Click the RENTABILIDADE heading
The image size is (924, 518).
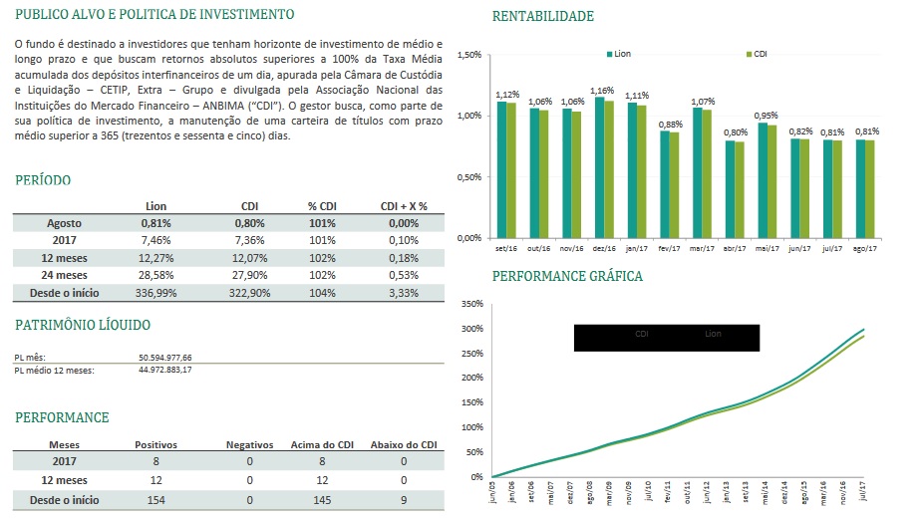pos(542,16)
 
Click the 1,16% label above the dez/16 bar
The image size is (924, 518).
pos(603,90)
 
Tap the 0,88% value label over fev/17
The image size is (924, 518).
pos(670,124)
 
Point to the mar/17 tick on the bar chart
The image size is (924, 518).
pos(703,249)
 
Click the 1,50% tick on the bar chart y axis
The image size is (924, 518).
pos(468,55)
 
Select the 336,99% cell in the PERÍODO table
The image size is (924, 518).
pos(155,293)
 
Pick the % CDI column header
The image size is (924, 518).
pos(322,206)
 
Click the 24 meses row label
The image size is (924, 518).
pos(63,275)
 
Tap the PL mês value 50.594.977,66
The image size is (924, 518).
pos(165,357)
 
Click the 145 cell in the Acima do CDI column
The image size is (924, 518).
pos(321,499)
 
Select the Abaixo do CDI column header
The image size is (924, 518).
pos(403,444)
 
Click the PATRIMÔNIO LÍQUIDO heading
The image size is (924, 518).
pos(83,325)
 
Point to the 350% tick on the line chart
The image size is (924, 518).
pos(472,304)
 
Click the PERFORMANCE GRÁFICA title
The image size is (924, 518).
pos(567,276)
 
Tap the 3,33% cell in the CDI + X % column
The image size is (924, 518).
pos(403,293)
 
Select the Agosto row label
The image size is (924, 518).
pos(63,223)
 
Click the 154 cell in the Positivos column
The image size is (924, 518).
pos(155,499)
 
